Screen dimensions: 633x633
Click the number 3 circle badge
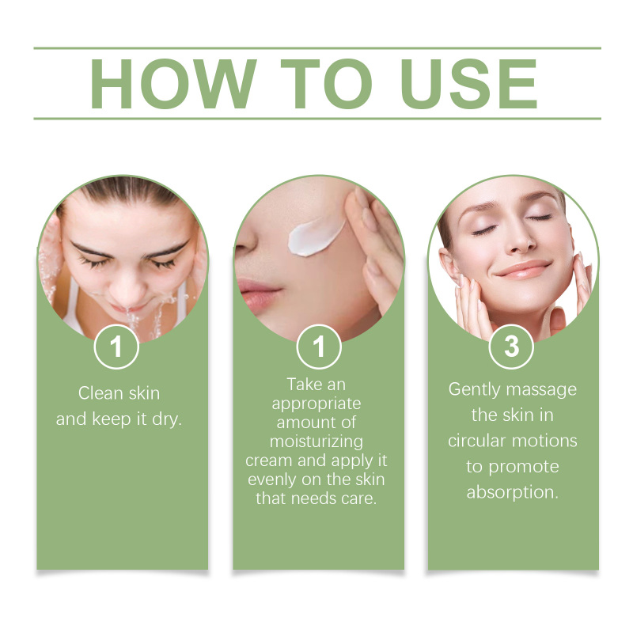click(x=511, y=347)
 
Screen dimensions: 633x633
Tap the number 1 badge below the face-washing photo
click(x=116, y=347)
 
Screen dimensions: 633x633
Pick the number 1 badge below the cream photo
click(x=319, y=347)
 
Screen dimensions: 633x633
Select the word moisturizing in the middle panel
click(x=316, y=442)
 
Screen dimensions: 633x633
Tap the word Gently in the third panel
click(x=474, y=390)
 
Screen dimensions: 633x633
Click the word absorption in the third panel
click(x=512, y=492)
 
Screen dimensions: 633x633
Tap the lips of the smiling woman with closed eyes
click(x=524, y=270)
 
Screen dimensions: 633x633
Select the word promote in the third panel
click(x=524, y=467)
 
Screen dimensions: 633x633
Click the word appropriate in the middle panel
click(x=316, y=404)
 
